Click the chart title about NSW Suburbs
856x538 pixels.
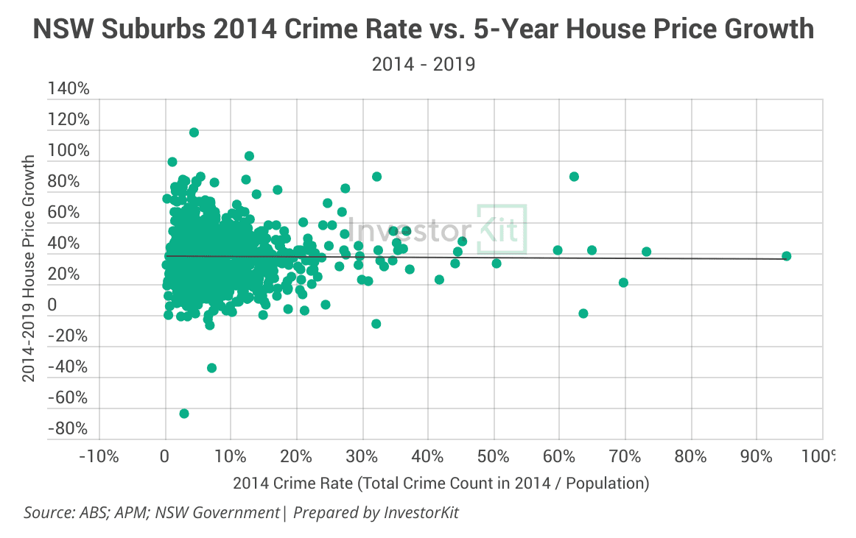click(x=424, y=29)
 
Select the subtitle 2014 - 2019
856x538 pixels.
click(x=424, y=65)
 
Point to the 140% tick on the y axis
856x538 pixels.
click(x=69, y=89)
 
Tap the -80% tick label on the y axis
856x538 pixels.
click(x=69, y=428)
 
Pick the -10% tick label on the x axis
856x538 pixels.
click(x=99, y=456)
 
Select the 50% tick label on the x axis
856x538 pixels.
click(x=494, y=456)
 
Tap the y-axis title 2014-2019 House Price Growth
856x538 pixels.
click(x=29, y=268)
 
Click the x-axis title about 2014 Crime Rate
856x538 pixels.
click(x=441, y=484)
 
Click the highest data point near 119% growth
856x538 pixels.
click(x=194, y=132)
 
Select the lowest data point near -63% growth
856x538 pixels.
click(x=184, y=414)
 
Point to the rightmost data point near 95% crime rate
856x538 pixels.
click(x=786, y=256)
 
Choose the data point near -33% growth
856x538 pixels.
click(x=211, y=368)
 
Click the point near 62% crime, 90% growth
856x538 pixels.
click(x=574, y=177)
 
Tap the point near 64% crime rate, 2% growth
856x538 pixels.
click(x=583, y=314)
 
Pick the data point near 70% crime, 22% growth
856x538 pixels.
click(x=623, y=283)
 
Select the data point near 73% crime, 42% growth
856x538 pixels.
click(x=646, y=252)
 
